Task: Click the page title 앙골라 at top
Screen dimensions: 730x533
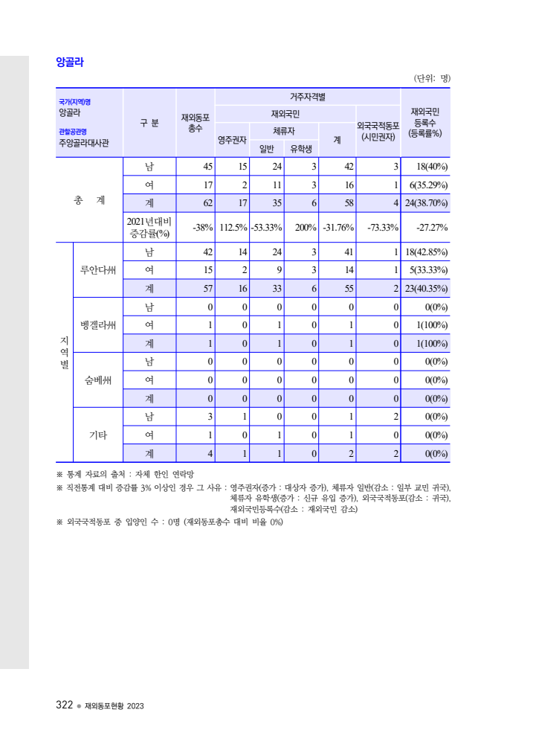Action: pos(70,63)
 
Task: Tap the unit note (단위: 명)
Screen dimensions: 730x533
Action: pos(433,78)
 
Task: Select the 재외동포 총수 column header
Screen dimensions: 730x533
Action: pos(196,123)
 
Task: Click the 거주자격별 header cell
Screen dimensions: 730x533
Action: pos(307,97)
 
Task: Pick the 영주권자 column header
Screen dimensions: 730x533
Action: pos(232,139)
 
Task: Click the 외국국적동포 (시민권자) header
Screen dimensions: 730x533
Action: pos(378,131)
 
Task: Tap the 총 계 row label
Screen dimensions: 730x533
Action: pos(89,199)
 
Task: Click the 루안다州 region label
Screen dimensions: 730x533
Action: pos(98,269)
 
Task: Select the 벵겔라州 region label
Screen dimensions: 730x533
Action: pos(98,324)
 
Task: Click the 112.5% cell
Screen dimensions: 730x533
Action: pos(233,228)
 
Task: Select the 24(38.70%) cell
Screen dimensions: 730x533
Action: pos(426,203)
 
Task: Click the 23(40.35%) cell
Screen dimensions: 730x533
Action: pos(426,289)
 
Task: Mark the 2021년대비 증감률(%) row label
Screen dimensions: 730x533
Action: pos(150,227)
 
